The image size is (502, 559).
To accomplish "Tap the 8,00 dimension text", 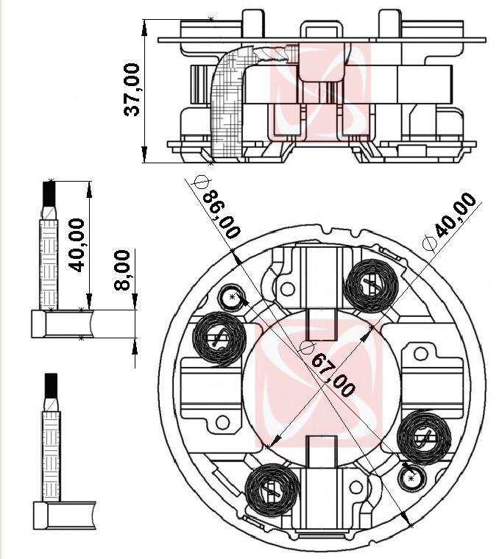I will pos(123,270).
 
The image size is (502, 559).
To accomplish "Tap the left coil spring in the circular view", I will pos(218,338).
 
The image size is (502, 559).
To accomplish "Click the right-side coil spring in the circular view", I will pos(423,438).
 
